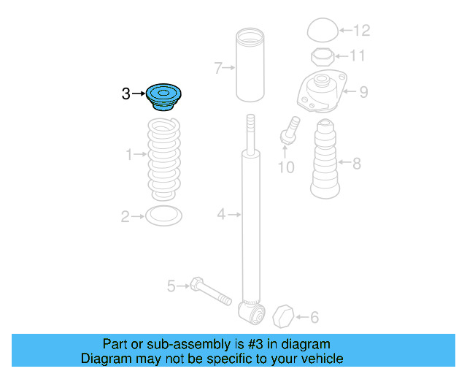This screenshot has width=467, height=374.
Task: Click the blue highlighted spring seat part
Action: [x=163, y=97]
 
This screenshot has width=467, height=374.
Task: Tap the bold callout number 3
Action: [x=126, y=93]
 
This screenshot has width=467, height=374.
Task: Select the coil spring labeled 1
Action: [x=163, y=159]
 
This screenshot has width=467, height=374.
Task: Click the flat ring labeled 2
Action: [x=163, y=215]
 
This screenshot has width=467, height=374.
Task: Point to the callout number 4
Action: [x=221, y=214]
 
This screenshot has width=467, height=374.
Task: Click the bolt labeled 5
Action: [x=211, y=291]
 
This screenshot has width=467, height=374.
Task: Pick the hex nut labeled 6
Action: [x=283, y=316]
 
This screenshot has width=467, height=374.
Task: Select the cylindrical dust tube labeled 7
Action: [x=250, y=65]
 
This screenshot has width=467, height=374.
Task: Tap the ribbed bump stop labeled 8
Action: [x=325, y=159]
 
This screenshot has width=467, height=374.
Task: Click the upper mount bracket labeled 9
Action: [x=323, y=91]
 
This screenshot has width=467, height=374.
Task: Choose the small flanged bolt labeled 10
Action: [x=290, y=130]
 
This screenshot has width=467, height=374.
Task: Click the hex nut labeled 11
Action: [x=323, y=57]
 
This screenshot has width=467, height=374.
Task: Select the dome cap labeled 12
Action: [x=323, y=30]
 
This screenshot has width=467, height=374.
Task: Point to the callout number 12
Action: [x=362, y=30]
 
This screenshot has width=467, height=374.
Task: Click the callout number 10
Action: [x=286, y=167]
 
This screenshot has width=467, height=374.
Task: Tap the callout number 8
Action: [x=357, y=164]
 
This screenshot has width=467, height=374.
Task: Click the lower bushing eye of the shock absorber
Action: [x=252, y=313]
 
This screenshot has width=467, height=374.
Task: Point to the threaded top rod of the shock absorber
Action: [x=250, y=134]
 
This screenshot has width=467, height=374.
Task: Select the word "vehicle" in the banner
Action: [x=323, y=359]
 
